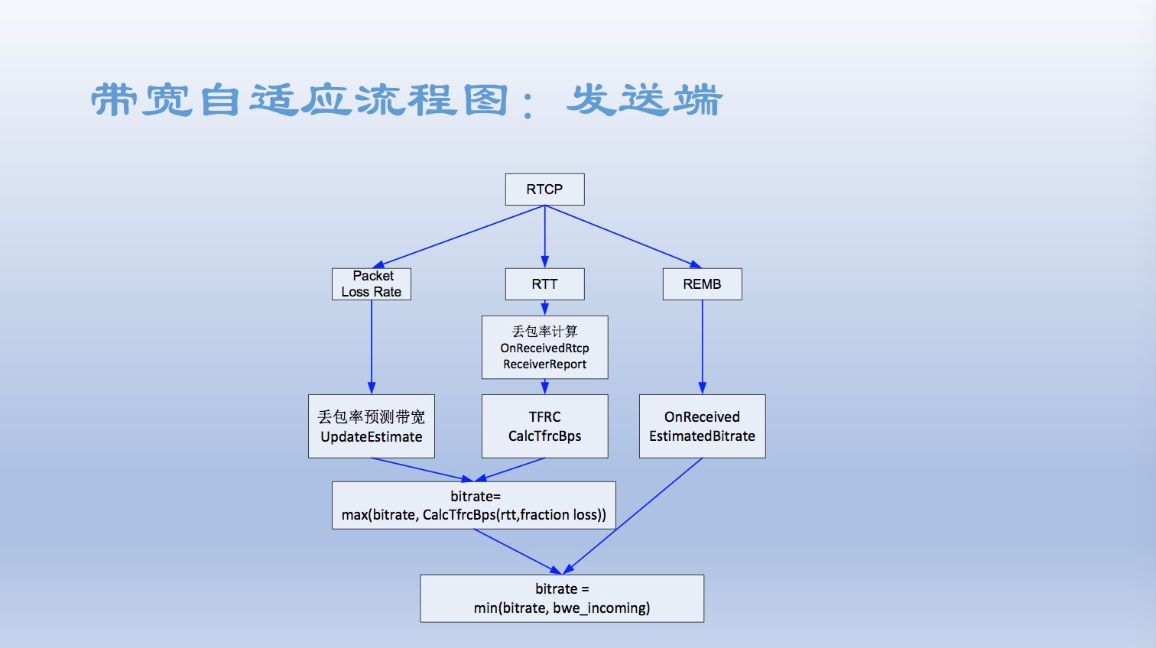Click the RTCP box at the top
tap(544, 190)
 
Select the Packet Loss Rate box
tap(372, 283)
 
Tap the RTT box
tap(544, 283)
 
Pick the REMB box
tap(702, 283)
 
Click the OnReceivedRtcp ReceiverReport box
tap(544, 348)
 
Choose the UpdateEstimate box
tap(372, 426)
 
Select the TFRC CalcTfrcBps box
tap(544, 426)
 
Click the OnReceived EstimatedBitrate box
tap(702, 426)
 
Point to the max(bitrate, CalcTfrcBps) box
tap(474, 506)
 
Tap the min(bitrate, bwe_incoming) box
tap(562, 598)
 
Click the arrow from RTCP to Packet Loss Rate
tap(459, 236)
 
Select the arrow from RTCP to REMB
tap(623, 236)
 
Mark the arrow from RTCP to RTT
tap(544, 236)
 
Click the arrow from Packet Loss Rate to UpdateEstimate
tap(372, 347)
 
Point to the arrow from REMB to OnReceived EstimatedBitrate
tap(702, 347)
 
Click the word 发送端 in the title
tap(645, 101)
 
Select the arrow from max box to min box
tap(518, 552)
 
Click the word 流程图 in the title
tap(432, 101)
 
